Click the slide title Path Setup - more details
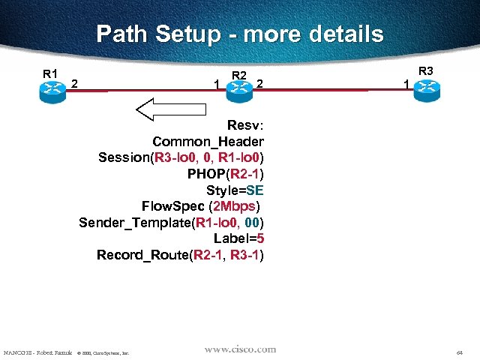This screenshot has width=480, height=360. [240, 34]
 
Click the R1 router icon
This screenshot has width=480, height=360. [52, 88]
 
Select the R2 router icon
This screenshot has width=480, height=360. [238, 88]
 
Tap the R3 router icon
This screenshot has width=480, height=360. [425, 88]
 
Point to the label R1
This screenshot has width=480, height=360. [50, 73]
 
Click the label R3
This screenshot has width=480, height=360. [425, 71]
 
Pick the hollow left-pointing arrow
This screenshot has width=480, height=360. [170, 109]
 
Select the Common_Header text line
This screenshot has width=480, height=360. [208, 142]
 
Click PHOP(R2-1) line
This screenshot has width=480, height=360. [226, 174]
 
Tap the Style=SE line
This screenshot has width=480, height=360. [235, 190]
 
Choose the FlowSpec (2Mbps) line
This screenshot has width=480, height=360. [202, 206]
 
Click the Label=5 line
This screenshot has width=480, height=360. [238, 239]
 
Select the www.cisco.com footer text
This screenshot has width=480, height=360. [240, 349]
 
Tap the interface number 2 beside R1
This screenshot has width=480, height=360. [74, 84]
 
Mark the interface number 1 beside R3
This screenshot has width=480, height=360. [406, 85]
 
